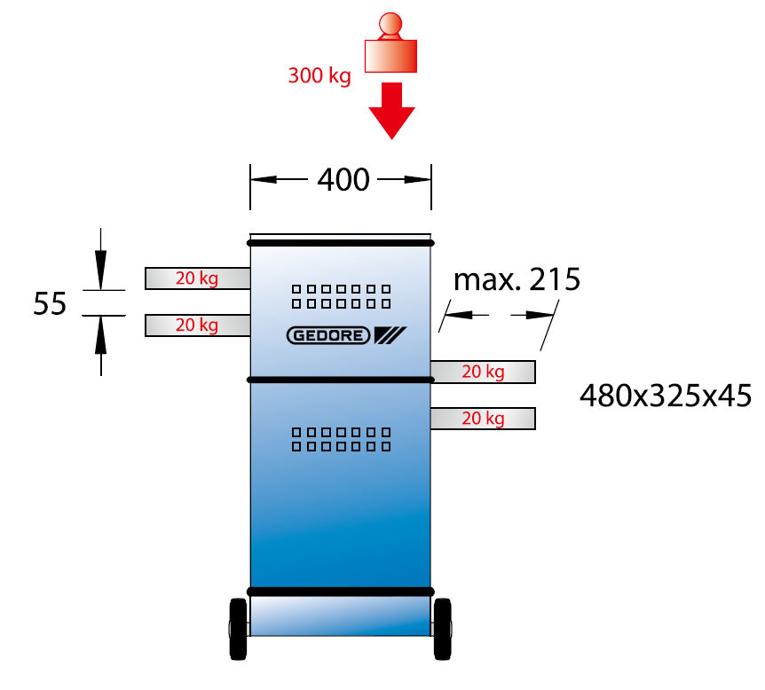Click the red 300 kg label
[x=319, y=75]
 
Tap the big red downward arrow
[x=391, y=111]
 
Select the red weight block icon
[x=390, y=43]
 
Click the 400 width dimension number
[x=343, y=179]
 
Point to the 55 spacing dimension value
[x=50, y=303]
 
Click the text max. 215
[x=517, y=279]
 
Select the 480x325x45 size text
[x=666, y=396]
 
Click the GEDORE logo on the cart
[x=346, y=335]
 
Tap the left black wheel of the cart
[x=238, y=629]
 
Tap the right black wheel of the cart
[x=443, y=629]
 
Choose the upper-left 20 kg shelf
[x=198, y=278]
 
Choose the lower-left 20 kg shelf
[x=198, y=325]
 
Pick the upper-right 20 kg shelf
[x=483, y=372]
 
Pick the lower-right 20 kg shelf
[x=483, y=419]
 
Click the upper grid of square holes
[x=341, y=296]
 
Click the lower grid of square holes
[x=341, y=439]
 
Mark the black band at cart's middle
[x=341, y=380]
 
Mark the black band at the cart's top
[x=341, y=243]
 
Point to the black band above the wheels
[x=341, y=592]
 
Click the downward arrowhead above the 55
[x=100, y=270]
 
